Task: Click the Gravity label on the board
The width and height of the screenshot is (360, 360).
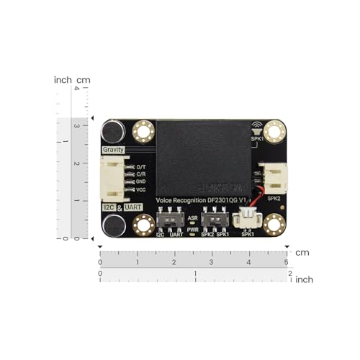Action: coord(113,150)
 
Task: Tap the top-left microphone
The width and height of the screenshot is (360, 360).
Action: coord(113,132)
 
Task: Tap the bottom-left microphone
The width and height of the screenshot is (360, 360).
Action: coord(113,225)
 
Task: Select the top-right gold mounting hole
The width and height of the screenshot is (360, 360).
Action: coord(274,132)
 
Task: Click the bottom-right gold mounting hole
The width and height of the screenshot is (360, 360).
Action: coord(274,225)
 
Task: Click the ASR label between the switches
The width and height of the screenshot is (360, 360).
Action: coord(192,217)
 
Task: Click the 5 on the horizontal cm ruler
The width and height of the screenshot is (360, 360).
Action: coord(286,262)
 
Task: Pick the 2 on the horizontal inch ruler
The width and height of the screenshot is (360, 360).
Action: coord(289,274)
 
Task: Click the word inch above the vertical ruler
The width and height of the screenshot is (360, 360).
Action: coord(63,80)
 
